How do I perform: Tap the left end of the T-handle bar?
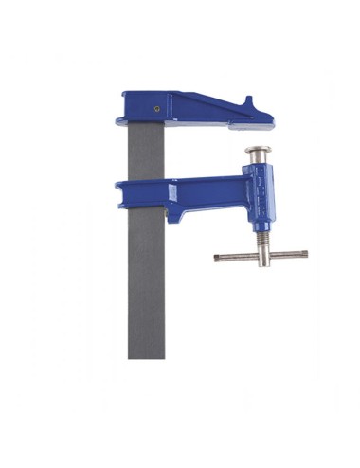pos(218,257)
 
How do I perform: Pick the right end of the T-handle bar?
pos(304,253)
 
